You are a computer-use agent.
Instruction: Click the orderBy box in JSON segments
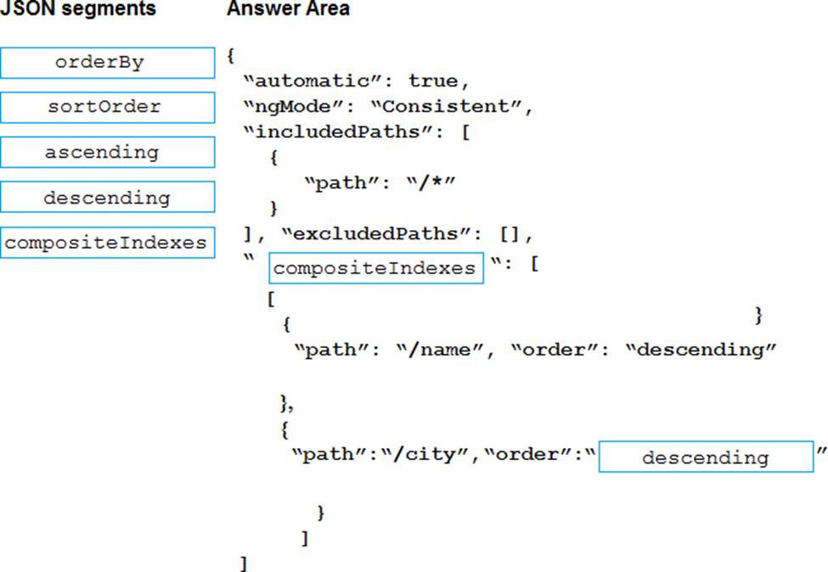click(x=107, y=63)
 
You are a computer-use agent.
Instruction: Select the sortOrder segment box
click(x=107, y=108)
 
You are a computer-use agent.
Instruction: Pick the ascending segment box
click(x=107, y=153)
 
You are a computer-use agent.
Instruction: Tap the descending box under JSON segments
click(x=107, y=198)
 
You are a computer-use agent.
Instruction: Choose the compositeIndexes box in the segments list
click(x=107, y=243)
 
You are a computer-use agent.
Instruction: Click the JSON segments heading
click(x=78, y=9)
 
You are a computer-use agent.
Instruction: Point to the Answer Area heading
click(x=288, y=9)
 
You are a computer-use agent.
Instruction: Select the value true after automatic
click(x=434, y=81)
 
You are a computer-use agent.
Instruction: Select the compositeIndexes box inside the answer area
click(x=375, y=268)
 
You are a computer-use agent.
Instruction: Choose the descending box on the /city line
click(x=705, y=457)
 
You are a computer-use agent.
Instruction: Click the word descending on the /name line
click(x=701, y=350)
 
